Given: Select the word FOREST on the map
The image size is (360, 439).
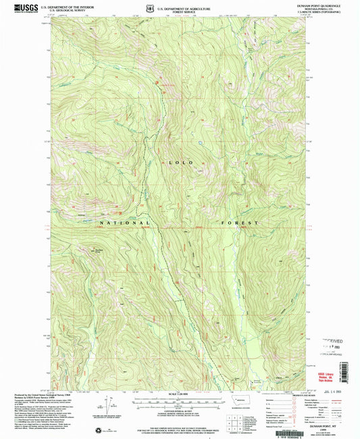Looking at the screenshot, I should tap(238, 222).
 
